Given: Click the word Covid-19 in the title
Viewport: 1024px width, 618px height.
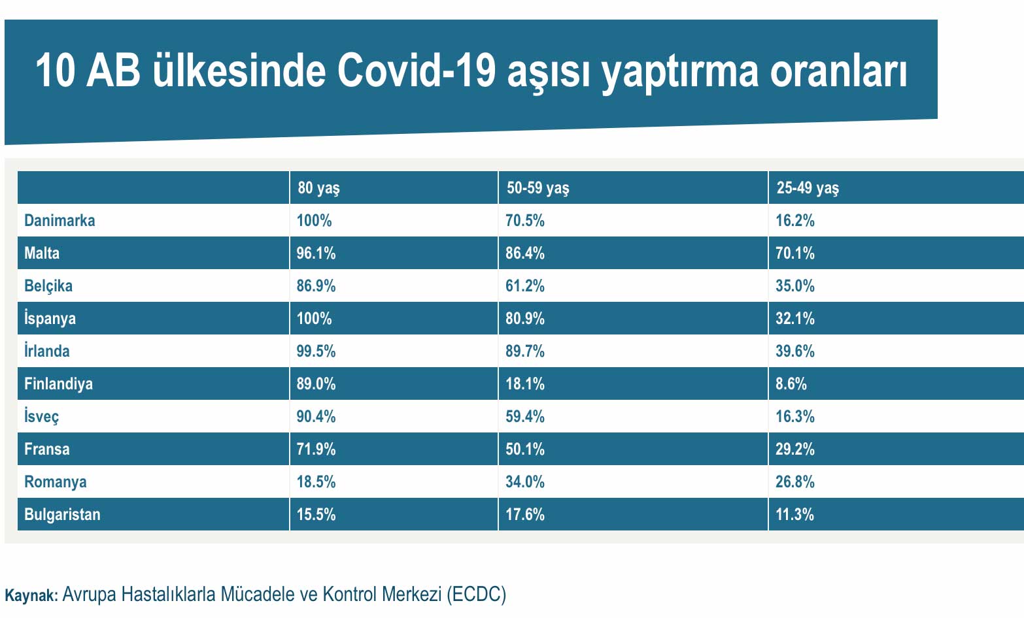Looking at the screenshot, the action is [x=417, y=71].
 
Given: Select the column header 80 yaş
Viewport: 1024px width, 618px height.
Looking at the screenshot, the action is [x=318, y=188].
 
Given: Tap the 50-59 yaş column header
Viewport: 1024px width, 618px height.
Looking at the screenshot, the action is [x=538, y=188].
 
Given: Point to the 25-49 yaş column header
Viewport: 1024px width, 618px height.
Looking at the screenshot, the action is [x=808, y=188].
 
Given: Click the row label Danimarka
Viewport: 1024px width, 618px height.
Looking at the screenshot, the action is [x=60, y=221].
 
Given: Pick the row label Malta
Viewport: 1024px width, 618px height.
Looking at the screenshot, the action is [x=42, y=253].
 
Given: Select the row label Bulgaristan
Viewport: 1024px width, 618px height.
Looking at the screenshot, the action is [x=62, y=515].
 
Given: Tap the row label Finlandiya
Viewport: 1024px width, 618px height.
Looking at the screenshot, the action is [x=58, y=384].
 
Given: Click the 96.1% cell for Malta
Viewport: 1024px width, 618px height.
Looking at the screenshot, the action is [x=316, y=253].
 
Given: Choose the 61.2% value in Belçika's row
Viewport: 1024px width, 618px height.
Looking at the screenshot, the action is [x=525, y=286].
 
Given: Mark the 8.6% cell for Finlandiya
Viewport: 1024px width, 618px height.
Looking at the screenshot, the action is [x=791, y=383].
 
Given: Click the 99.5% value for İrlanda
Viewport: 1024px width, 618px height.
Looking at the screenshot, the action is [x=316, y=351].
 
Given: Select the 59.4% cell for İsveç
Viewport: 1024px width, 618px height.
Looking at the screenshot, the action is [x=525, y=417].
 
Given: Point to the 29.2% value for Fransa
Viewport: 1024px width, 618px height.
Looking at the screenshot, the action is [x=795, y=449].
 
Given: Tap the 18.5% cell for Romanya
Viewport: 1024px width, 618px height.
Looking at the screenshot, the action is [x=316, y=482].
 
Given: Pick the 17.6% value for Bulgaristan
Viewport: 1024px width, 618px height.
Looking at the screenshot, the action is [x=525, y=514].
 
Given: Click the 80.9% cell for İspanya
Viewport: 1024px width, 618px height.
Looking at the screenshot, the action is [x=525, y=318].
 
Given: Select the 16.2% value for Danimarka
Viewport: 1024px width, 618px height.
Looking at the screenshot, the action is [x=795, y=221].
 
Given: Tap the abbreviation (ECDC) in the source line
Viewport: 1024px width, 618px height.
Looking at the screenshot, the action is [x=476, y=594].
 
